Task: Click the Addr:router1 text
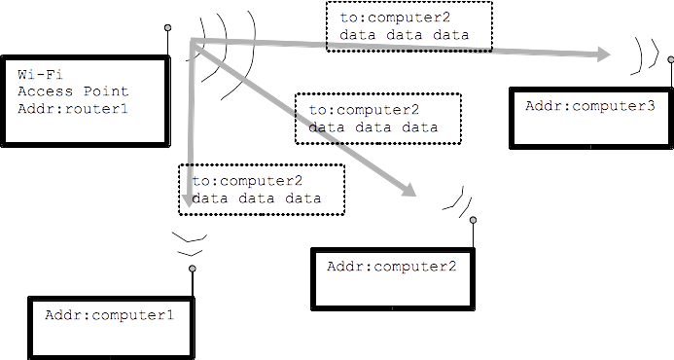pyautogui.click(x=73, y=109)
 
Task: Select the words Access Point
pyautogui.click(x=73, y=91)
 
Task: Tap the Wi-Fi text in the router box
pyautogui.click(x=40, y=74)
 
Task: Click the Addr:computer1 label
pyautogui.click(x=109, y=315)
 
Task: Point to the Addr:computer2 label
pyautogui.click(x=391, y=267)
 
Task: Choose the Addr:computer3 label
pyautogui.click(x=589, y=106)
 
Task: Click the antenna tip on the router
pyautogui.click(x=167, y=27)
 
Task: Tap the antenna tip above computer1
pyautogui.click(x=193, y=269)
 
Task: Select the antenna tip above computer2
pyautogui.click(x=473, y=220)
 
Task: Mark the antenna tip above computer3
pyautogui.click(x=671, y=59)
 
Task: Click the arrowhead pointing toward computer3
pyautogui.click(x=603, y=54)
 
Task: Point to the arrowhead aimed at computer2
pyautogui.click(x=409, y=190)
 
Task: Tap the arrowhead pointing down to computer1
pyautogui.click(x=189, y=200)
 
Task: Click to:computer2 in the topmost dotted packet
pyautogui.click(x=395, y=18)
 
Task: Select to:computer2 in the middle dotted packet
pyautogui.click(x=364, y=110)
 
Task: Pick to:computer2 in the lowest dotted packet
pyautogui.click(x=247, y=181)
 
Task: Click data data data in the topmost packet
pyautogui.click(x=404, y=35)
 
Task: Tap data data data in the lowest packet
pyautogui.click(x=257, y=198)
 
